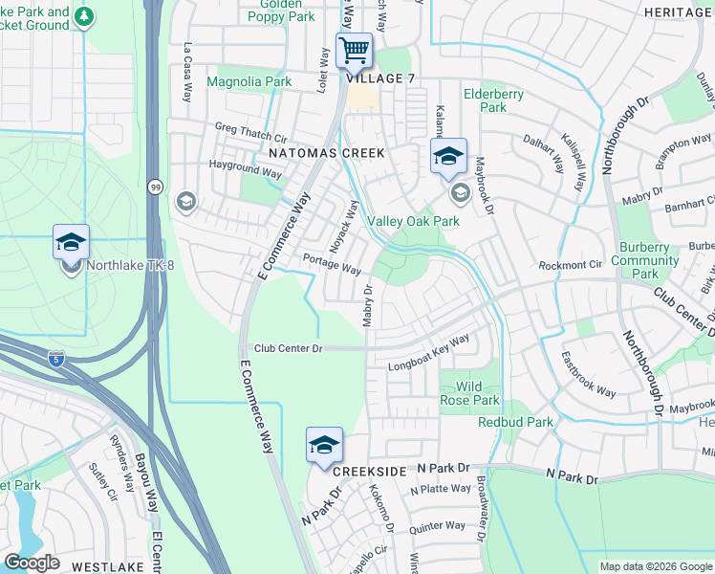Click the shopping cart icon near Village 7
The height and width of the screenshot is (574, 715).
click(x=354, y=50)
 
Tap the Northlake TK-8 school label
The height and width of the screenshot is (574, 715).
click(x=119, y=266)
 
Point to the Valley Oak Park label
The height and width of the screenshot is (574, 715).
click(x=414, y=221)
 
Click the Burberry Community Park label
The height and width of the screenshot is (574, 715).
click(x=644, y=260)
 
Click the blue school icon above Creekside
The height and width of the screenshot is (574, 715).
click(x=324, y=445)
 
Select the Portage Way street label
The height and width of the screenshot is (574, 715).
click(x=331, y=264)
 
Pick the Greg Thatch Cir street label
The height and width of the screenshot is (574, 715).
click(x=251, y=132)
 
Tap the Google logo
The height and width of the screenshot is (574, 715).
click(x=32, y=563)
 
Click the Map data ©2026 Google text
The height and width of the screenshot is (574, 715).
click(x=655, y=566)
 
